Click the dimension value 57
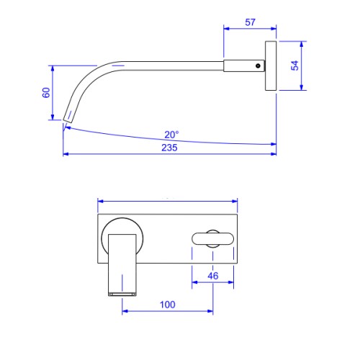pos(250,22)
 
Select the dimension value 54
pos(295,66)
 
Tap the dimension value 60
pos(46,93)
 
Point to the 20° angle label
pos(171,135)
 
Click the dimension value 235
pos(169,148)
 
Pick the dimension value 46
pos(213,276)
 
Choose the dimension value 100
pos(168,305)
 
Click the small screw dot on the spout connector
pos(258,66)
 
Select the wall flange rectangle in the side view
pos(271,66)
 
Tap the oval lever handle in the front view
pos(212,238)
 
